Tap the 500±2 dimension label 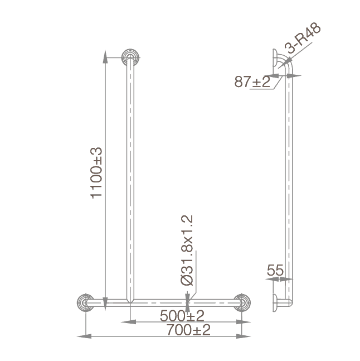tap(182, 315)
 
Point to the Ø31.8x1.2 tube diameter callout tap(188, 251)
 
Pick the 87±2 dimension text tap(252, 82)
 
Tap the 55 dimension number tap(275, 271)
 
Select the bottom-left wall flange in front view tap(85, 302)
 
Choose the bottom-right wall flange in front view tap(242, 302)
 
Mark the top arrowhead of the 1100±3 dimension tap(104, 54)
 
